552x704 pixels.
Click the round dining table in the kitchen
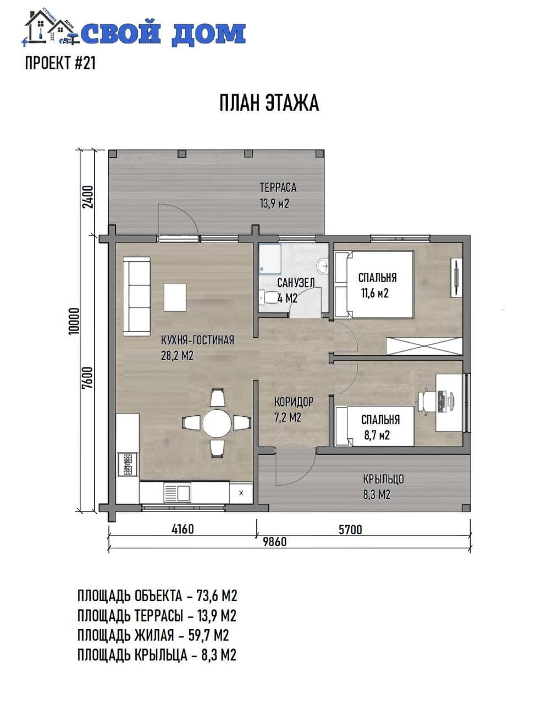tap(217, 423)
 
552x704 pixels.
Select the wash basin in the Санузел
tap(323, 266)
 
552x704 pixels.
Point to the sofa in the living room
tap(136, 296)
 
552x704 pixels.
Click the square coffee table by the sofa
tap(175, 297)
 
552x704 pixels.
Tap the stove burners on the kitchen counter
tap(127, 464)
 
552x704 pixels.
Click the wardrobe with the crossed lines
tap(424, 346)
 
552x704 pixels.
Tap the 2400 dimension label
tap(88, 197)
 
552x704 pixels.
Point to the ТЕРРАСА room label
tap(278, 187)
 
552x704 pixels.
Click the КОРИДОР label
tap(294, 402)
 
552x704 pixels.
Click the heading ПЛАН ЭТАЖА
tap(269, 103)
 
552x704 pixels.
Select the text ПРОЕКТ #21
tap(60, 63)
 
